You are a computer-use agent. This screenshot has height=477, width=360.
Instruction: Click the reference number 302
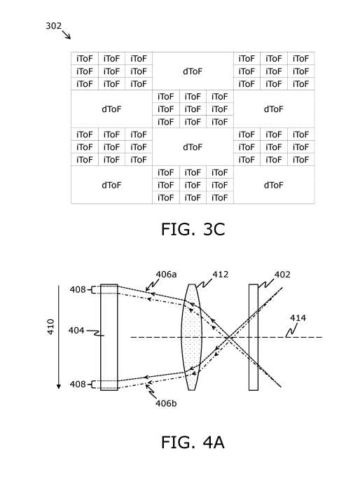click(x=53, y=26)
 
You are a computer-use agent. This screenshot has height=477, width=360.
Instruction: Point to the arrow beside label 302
click(x=67, y=35)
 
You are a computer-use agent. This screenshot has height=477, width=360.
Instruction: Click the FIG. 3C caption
click(x=193, y=229)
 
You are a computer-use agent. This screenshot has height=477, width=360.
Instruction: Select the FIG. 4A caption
click(x=193, y=442)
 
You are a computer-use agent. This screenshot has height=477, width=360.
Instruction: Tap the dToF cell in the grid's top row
click(x=193, y=71)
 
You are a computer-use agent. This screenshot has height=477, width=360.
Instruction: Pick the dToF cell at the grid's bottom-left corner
click(x=111, y=185)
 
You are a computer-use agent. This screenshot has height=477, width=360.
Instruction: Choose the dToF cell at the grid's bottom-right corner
click(x=274, y=185)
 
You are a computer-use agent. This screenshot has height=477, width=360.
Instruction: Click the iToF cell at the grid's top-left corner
click(x=85, y=58)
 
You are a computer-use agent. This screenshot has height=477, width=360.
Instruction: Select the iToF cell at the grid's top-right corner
click(x=301, y=58)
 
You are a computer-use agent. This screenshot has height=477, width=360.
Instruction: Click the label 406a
click(x=166, y=275)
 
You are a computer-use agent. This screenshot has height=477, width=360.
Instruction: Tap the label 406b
click(x=166, y=403)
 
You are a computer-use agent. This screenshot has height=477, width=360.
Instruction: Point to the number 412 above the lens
click(x=221, y=275)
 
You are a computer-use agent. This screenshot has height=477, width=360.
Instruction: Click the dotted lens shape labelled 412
click(x=192, y=337)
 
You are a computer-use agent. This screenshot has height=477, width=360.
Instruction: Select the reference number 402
click(x=282, y=275)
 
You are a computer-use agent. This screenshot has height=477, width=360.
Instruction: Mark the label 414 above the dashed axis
click(x=298, y=318)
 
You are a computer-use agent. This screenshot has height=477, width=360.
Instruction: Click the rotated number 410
click(x=50, y=326)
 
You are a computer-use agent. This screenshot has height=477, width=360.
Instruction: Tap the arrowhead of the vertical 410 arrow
click(x=59, y=387)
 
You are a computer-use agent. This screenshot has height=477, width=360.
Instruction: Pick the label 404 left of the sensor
click(x=76, y=330)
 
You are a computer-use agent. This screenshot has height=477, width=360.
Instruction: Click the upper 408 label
click(x=78, y=289)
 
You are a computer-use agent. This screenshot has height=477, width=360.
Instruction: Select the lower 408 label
click(x=78, y=385)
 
